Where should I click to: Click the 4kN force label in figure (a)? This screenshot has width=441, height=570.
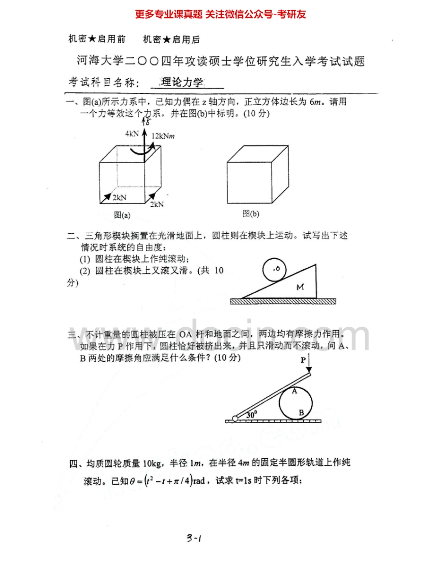[x=132, y=134]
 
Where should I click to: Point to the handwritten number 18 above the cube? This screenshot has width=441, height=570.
[x=146, y=121]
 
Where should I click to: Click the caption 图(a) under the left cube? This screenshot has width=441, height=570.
[x=122, y=215]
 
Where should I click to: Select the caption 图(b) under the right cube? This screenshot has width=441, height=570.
[x=251, y=213]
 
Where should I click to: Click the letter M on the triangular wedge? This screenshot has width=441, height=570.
[x=300, y=288]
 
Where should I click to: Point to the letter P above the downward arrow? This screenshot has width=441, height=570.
[x=304, y=359]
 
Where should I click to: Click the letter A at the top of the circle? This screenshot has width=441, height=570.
[x=294, y=391]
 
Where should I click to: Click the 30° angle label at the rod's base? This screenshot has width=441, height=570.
[x=252, y=415]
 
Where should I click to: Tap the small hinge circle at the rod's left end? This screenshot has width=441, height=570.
[x=235, y=419]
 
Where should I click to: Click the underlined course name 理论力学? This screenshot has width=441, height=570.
[x=182, y=82]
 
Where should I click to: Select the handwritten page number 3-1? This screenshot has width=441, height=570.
[x=194, y=539]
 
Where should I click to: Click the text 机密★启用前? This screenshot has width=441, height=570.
[x=97, y=39]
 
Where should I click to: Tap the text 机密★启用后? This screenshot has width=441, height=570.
[x=171, y=39]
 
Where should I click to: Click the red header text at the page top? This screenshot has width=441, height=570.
[x=220, y=14]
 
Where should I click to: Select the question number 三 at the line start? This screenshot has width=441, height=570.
[x=72, y=335]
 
